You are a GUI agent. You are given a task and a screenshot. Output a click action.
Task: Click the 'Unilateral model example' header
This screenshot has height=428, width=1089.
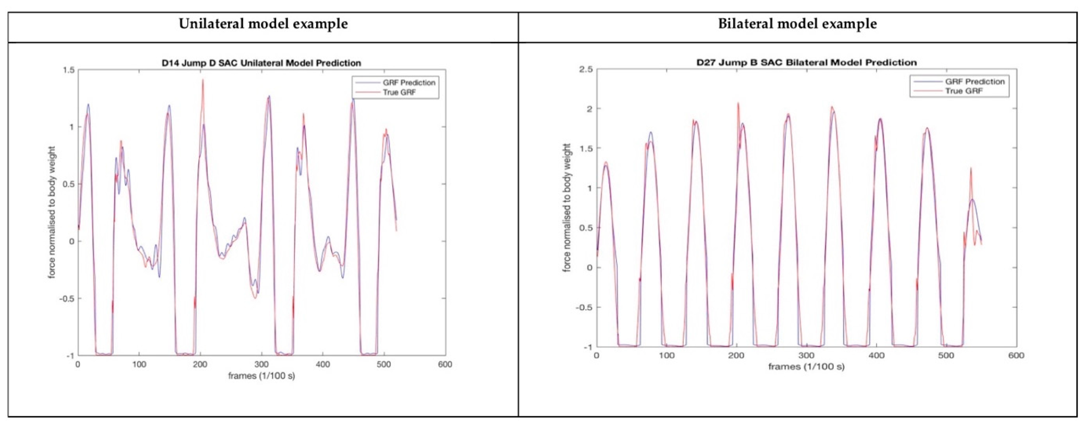point(263,24)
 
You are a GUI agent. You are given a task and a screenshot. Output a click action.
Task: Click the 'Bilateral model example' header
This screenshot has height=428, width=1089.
point(797,24)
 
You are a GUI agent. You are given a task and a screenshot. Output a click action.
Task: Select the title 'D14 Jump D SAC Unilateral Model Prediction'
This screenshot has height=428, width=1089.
point(261,63)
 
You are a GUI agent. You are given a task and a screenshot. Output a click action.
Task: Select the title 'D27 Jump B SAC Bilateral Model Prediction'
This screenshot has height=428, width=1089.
point(806,62)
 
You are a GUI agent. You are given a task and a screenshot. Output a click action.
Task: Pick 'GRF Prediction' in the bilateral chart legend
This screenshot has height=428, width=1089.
point(975,81)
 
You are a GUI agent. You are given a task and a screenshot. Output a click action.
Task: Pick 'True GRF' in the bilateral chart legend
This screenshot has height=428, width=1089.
point(964,91)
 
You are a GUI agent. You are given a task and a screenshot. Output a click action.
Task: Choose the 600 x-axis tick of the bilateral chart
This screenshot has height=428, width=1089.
point(1016,356)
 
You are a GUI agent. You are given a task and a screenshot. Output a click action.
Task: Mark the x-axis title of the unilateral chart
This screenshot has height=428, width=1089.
point(261,376)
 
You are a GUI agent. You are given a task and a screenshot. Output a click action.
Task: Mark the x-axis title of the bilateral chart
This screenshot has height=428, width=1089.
point(806,367)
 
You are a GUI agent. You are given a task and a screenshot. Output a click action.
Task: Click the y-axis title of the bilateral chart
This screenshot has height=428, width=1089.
point(567,207)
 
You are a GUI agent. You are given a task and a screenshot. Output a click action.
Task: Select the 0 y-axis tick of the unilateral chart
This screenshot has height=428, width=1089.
point(71,241)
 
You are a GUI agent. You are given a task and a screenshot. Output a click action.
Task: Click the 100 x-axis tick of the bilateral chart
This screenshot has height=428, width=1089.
point(666,356)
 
